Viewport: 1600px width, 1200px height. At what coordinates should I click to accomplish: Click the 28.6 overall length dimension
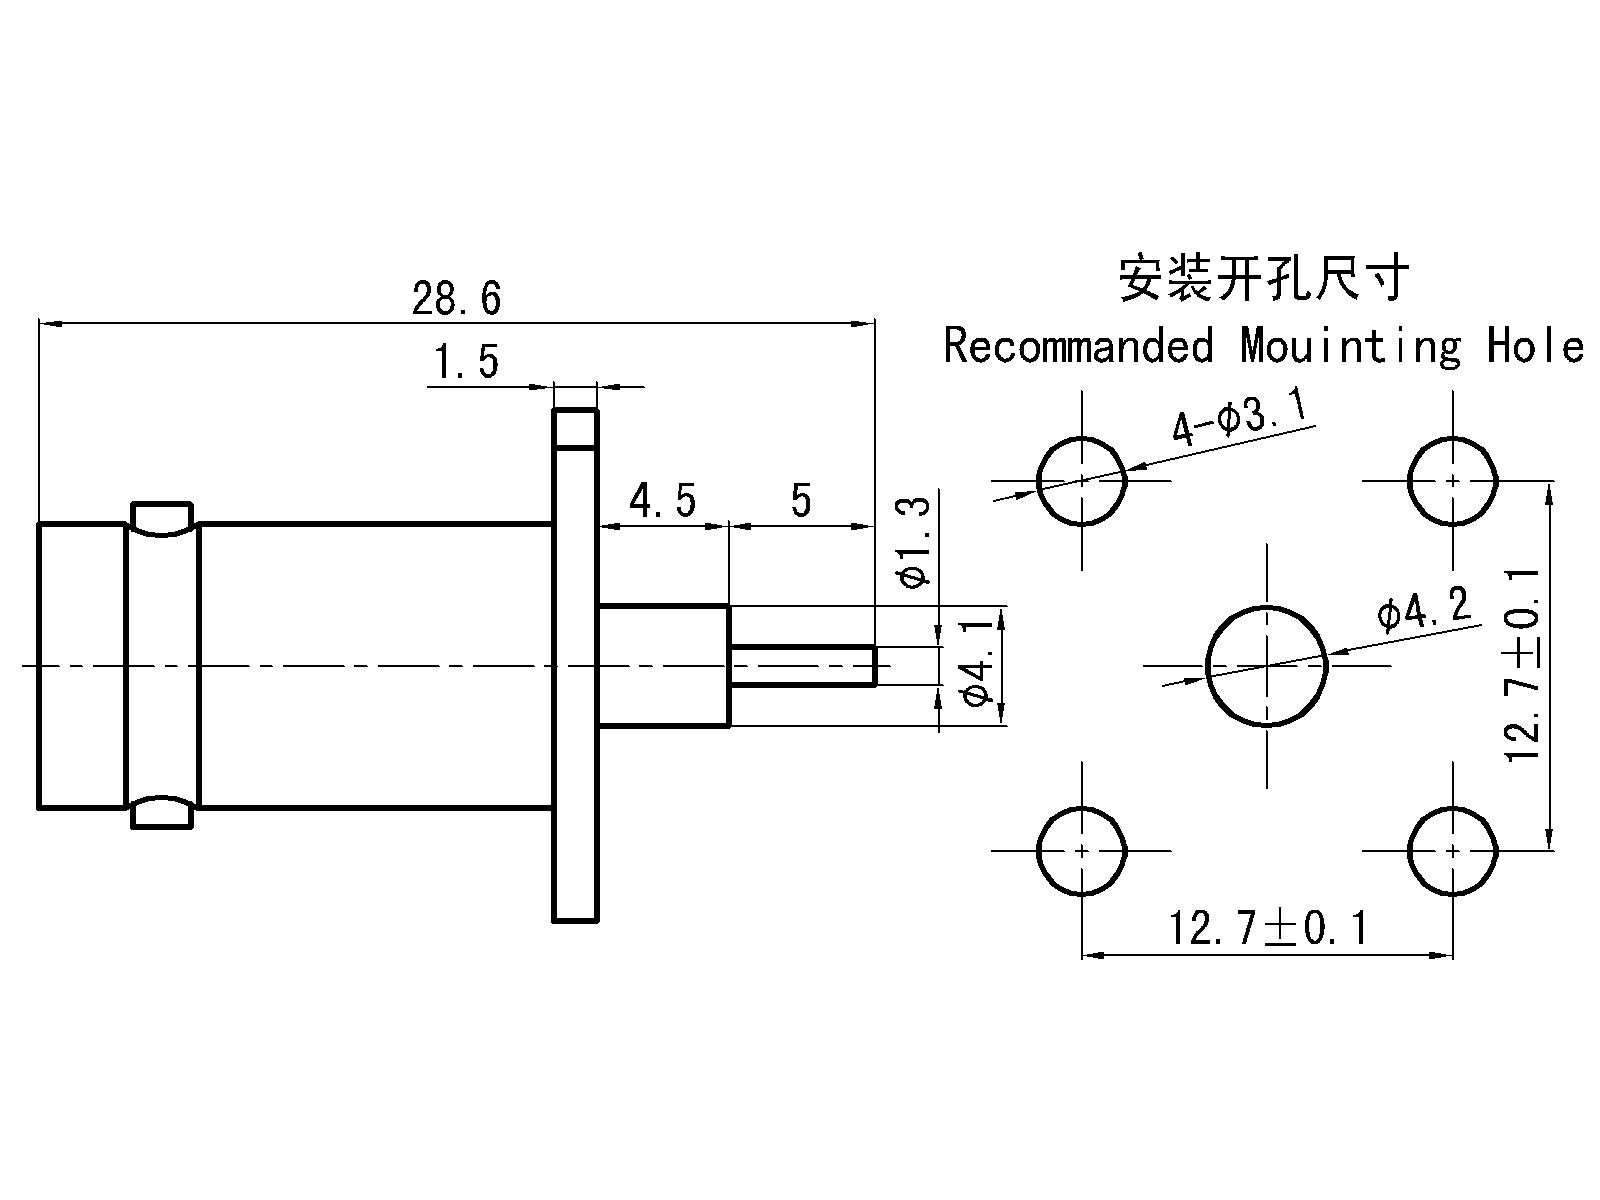click(456, 299)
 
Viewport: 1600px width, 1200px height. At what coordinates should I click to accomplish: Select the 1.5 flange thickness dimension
click(465, 362)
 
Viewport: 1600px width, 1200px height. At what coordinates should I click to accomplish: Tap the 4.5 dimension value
click(661, 500)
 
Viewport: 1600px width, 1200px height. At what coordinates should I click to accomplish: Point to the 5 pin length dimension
click(801, 500)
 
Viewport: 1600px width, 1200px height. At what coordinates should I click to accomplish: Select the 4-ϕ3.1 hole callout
click(1239, 420)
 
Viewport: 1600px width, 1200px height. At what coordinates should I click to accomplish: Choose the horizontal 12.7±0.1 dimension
click(1268, 929)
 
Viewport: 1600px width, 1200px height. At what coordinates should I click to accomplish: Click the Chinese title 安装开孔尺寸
click(1263, 277)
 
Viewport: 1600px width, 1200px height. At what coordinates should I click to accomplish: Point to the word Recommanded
click(1078, 346)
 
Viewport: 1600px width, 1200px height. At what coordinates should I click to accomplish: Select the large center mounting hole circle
click(1268, 665)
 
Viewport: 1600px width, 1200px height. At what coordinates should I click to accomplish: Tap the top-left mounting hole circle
click(1082, 481)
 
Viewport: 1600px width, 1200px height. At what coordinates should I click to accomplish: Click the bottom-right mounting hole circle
click(1452, 851)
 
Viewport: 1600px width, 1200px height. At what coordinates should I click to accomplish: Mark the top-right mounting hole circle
click(1452, 481)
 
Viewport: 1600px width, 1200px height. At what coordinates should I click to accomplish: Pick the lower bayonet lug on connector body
click(162, 811)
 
